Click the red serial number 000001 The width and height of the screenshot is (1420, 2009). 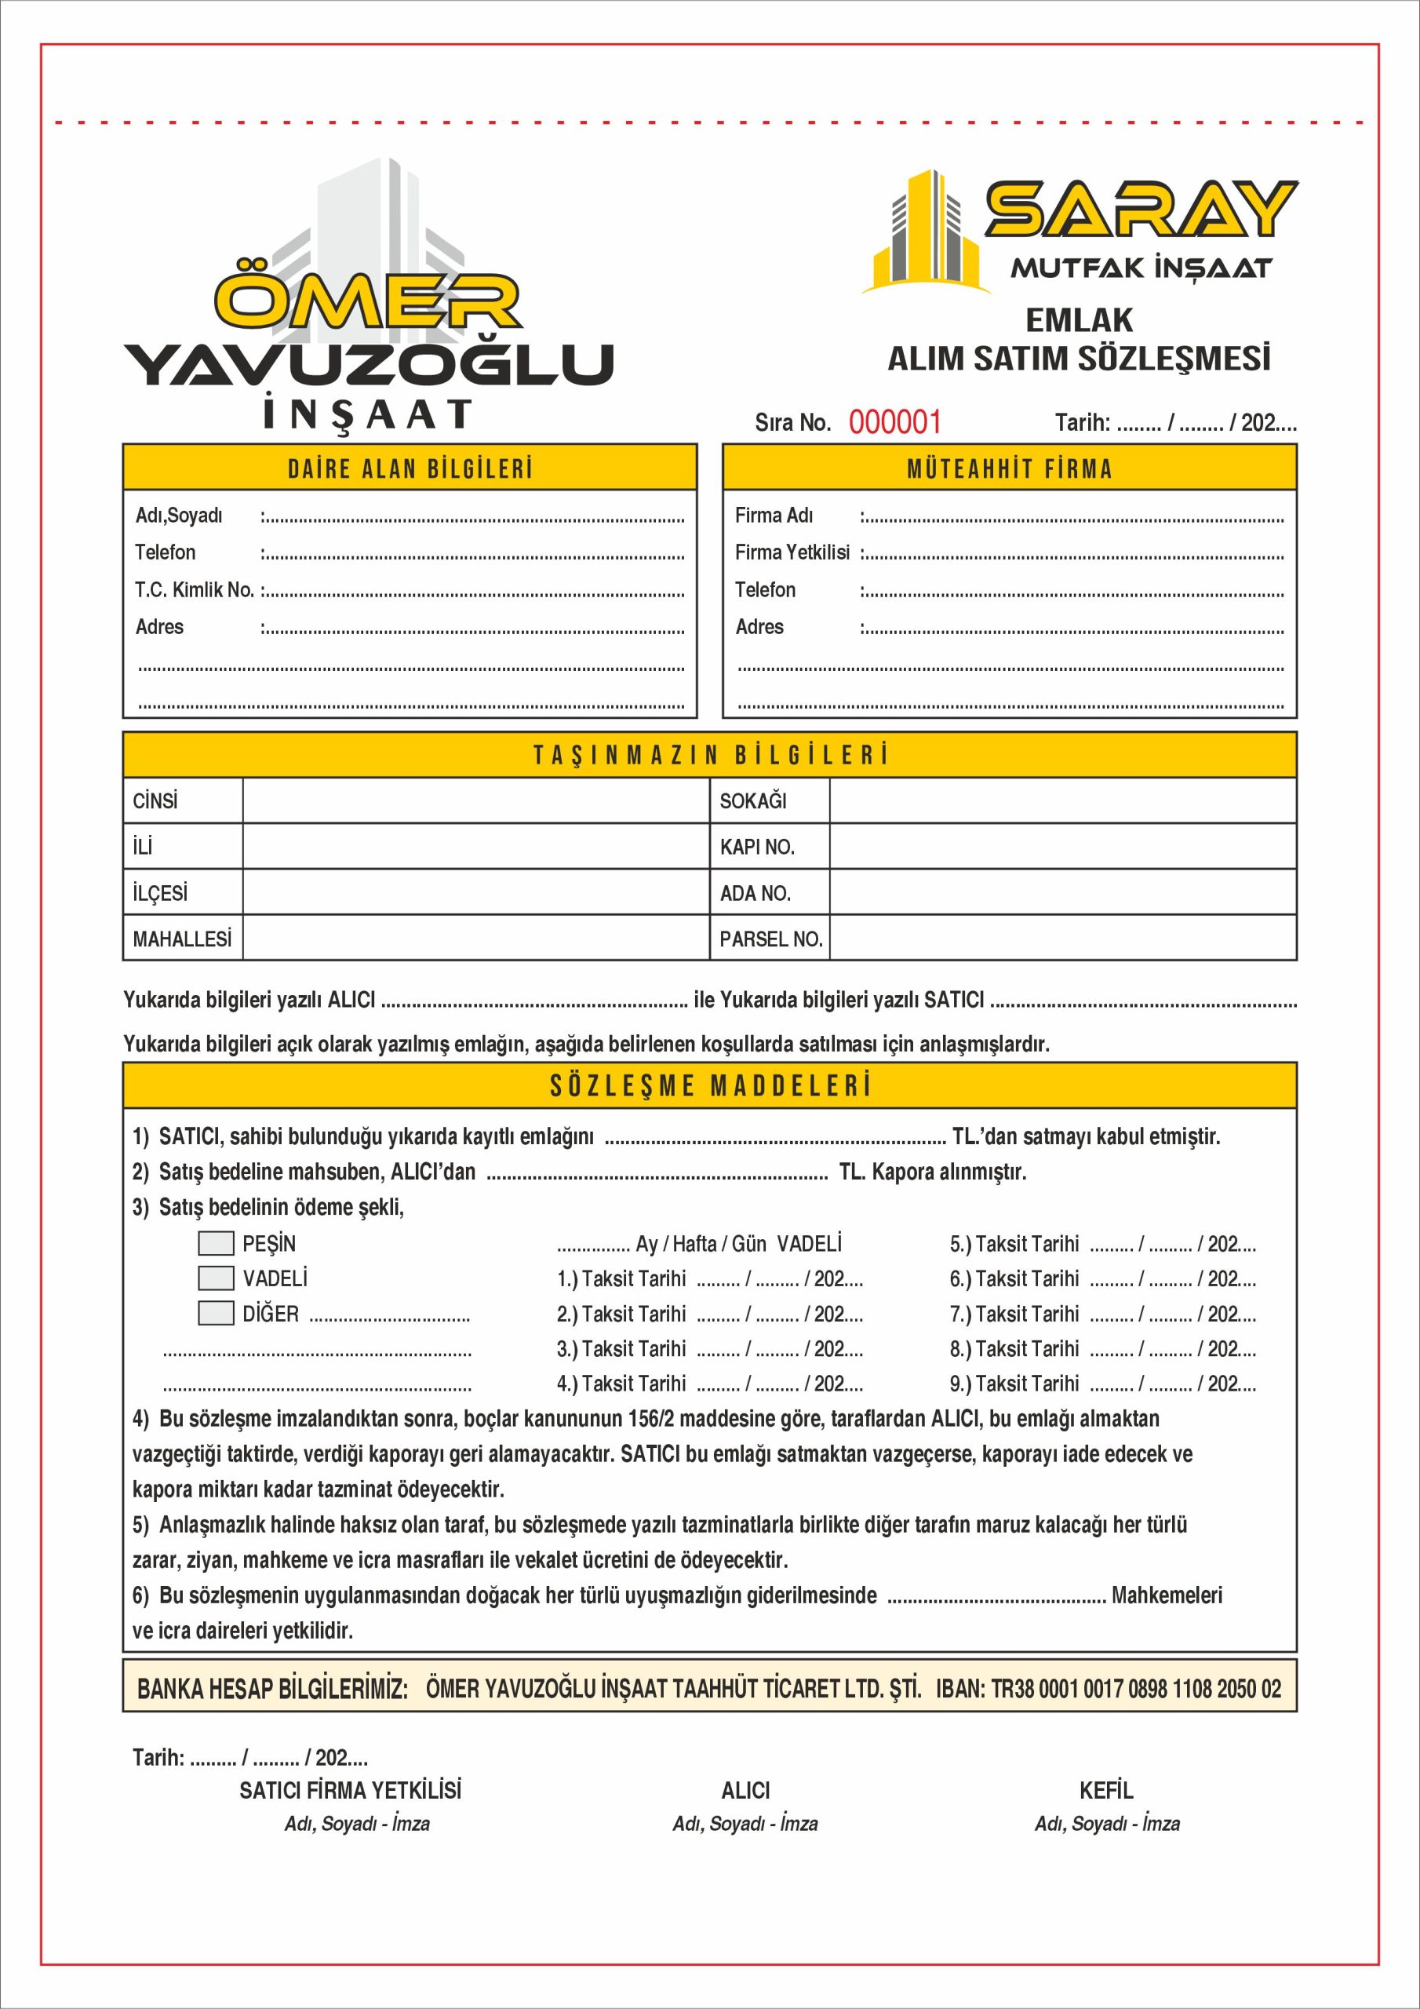tap(894, 423)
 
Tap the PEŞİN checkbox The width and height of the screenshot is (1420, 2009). tap(216, 1243)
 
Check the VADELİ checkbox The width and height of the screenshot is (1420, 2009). tap(216, 1278)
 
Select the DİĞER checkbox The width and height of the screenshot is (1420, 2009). tap(216, 1314)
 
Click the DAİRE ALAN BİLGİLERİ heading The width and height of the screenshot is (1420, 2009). tap(410, 469)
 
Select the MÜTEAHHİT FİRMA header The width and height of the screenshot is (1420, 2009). tap(1010, 469)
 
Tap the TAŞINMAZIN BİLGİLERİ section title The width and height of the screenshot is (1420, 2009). tap(709, 755)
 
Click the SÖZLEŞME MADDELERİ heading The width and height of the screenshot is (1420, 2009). tap(709, 1086)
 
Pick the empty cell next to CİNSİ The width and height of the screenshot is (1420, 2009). tap(475, 800)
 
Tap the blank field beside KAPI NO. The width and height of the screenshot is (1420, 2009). tap(1062, 846)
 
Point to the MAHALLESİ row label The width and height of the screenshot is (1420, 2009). tap(182, 939)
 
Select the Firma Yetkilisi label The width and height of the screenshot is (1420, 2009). tap(792, 552)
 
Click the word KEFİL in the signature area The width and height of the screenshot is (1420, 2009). tap(1106, 1790)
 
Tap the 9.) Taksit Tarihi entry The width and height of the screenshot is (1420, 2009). tap(1015, 1384)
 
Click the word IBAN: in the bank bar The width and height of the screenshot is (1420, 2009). tap(959, 1688)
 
